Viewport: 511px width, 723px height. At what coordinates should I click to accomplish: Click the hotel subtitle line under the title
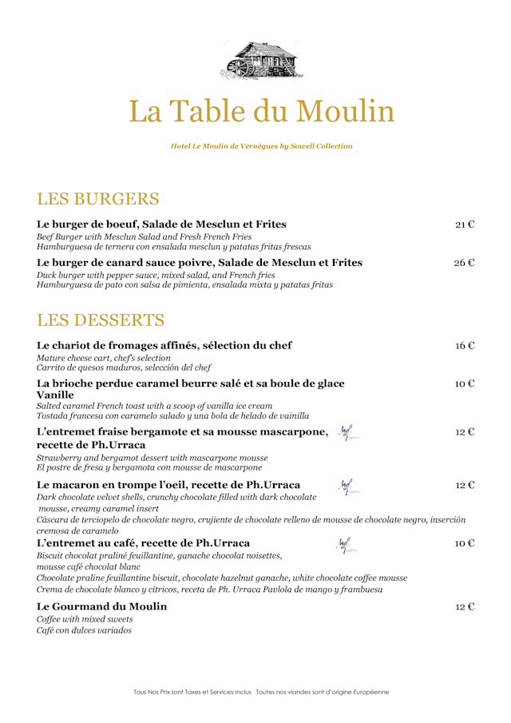click(x=255, y=146)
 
